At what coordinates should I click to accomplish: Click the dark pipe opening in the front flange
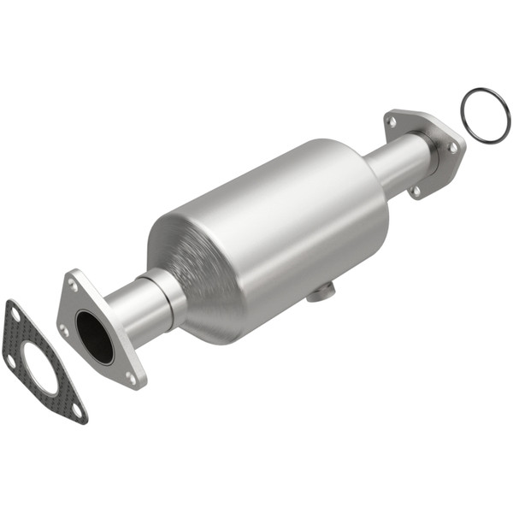[94, 336]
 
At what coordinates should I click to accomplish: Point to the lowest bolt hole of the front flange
[130, 376]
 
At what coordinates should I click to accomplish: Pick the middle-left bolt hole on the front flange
[64, 328]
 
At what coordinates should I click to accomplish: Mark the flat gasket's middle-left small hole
[10, 359]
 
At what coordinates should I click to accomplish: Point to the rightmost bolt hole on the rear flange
[452, 147]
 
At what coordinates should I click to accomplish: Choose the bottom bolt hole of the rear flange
[416, 190]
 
